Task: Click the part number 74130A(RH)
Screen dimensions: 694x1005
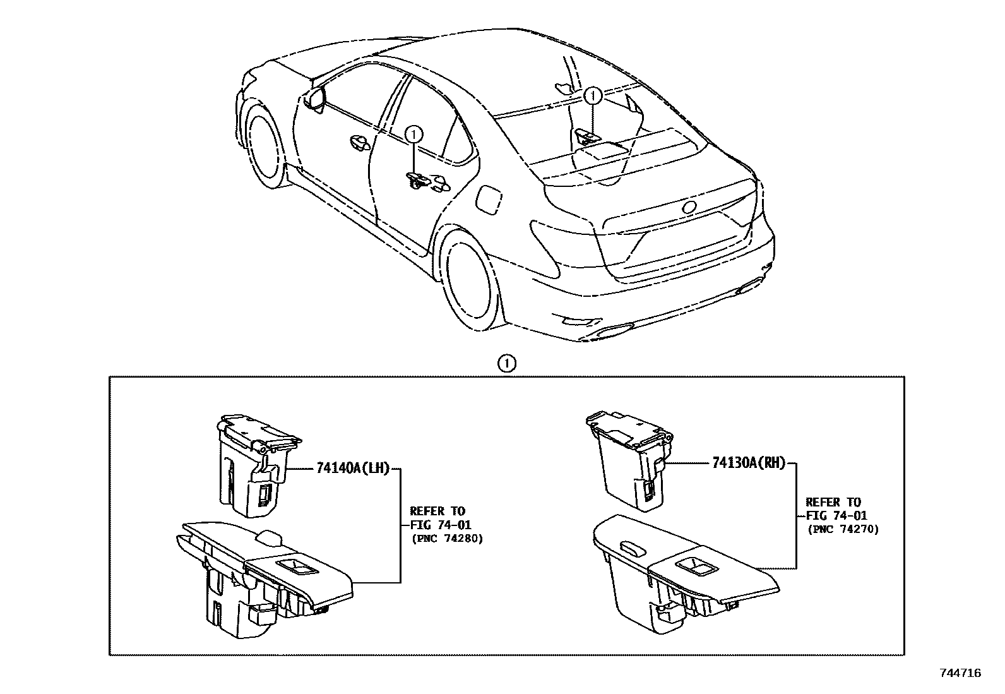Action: coord(748,463)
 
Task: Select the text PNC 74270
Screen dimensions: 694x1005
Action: coord(843,530)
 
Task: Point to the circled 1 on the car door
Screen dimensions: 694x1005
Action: coord(413,133)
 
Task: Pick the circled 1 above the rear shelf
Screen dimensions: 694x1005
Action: coord(592,95)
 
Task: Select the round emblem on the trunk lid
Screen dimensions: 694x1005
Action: coord(689,207)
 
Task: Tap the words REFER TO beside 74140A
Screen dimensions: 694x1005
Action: coord(437,510)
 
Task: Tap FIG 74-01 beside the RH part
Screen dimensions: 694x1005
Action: coord(836,516)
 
